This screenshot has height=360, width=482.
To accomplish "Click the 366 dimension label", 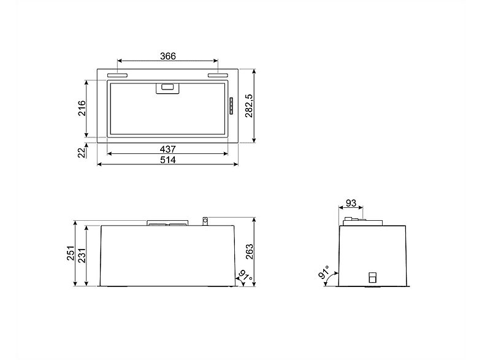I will point(168,56).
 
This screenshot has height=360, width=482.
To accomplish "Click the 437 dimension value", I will point(168,149).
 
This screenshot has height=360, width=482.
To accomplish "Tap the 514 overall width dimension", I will point(168,160).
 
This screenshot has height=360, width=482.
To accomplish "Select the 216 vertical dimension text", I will point(81,109).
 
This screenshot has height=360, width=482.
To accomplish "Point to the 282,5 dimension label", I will point(248,109).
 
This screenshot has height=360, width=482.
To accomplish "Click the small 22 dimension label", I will point(81,152).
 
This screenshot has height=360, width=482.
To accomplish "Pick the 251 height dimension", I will point(71,253).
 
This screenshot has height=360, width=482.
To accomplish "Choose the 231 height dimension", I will point(83,254).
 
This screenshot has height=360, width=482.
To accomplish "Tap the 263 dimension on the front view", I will point(249,251).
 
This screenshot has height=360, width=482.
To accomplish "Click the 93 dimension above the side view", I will point(351,203).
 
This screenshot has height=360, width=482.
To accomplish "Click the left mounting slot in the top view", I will point(118,75).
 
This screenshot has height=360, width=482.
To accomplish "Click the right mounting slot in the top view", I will point(218,75).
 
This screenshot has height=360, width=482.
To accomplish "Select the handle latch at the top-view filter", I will point(168,88).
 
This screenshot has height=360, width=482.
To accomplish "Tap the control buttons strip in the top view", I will point(231,107).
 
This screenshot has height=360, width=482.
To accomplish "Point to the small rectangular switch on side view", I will point(372,278).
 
